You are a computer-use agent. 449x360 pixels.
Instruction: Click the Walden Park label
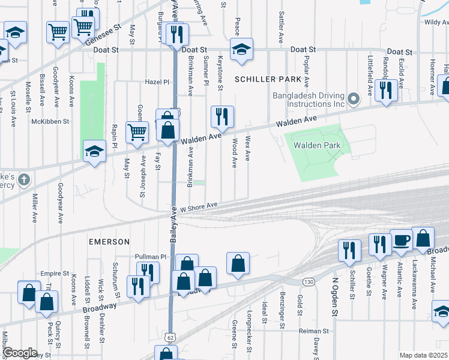pyautogui.click(x=316, y=145)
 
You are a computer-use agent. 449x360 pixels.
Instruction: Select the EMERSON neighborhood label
pyautogui.click(x=109, y=242)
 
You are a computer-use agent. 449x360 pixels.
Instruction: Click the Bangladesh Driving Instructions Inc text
pyautogui.click(x=308, y=100)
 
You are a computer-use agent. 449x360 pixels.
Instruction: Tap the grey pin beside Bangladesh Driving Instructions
pyautogui.click(x=354, y=98)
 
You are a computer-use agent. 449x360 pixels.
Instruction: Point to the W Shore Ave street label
pyautogui.click(x=199, y=206)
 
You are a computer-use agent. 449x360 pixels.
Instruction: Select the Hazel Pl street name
pyautogui.click(x=158, y=82)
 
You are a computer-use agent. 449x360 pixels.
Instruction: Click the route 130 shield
pyautogui.click(x=309, y=282)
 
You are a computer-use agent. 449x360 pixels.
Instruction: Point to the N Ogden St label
pyautogui.click(x=336, y=298)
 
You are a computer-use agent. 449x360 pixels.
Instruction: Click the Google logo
pyautogui.click(x=20, y=353)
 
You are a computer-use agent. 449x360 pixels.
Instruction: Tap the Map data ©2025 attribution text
pyautogui.click(x=423, y=355)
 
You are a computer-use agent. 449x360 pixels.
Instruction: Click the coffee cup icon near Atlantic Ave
pyautogui.click(x=401, y=240)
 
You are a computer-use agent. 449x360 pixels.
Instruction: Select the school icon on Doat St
pyautogui.click(x=241, y=49)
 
